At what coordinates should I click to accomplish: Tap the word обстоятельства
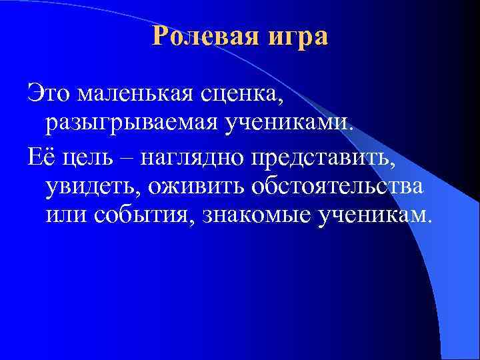[336, 185]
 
